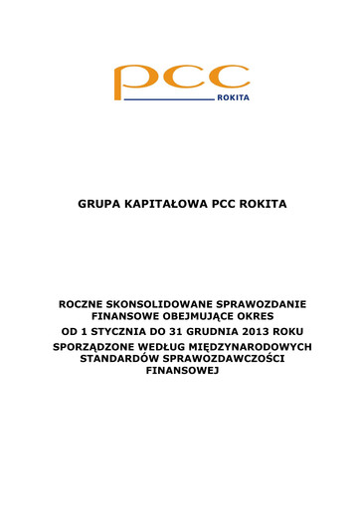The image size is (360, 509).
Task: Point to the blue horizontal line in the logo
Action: [168, 100]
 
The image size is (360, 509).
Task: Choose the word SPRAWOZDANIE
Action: [265, 302]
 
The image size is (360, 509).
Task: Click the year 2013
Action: [264, 330]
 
